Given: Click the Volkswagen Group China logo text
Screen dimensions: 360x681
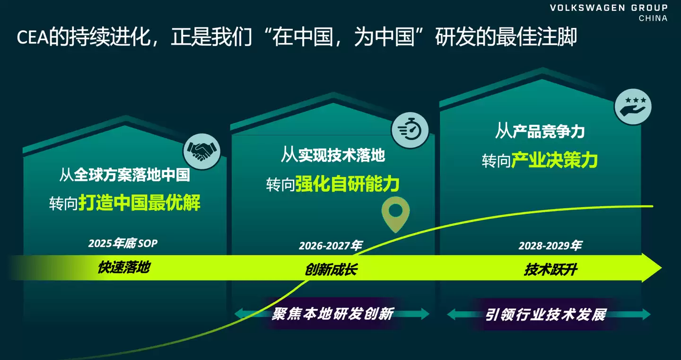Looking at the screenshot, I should tap(609, 13).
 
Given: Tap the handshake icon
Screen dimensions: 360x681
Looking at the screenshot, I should tap(201, 150).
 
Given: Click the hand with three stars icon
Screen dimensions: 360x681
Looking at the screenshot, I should tap(633, 106).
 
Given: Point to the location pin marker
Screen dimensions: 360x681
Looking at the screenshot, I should tap(396, 214).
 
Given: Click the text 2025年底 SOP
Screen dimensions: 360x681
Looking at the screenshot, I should tap(122, 244).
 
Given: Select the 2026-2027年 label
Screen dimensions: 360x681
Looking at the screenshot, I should tap(331, 246).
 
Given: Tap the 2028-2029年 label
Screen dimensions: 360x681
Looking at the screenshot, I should tap(550, 246).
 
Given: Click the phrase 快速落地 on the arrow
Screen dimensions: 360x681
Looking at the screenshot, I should tap(124, 267).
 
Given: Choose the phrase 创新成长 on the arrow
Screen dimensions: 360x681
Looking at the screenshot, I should tap(331, 270).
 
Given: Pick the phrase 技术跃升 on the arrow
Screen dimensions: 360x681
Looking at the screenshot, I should tap(550, 270).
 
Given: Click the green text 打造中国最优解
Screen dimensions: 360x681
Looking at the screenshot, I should tap(140, 203).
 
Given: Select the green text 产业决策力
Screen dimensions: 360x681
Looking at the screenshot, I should tap(554, 160).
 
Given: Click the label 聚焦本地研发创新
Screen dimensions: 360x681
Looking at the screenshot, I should tap(332, 314).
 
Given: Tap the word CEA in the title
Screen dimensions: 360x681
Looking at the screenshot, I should tap(33, 38).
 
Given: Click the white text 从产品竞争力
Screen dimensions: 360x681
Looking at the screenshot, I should tap(540, 131).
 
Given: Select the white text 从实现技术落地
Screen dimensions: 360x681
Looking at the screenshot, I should tap(333, 155).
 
